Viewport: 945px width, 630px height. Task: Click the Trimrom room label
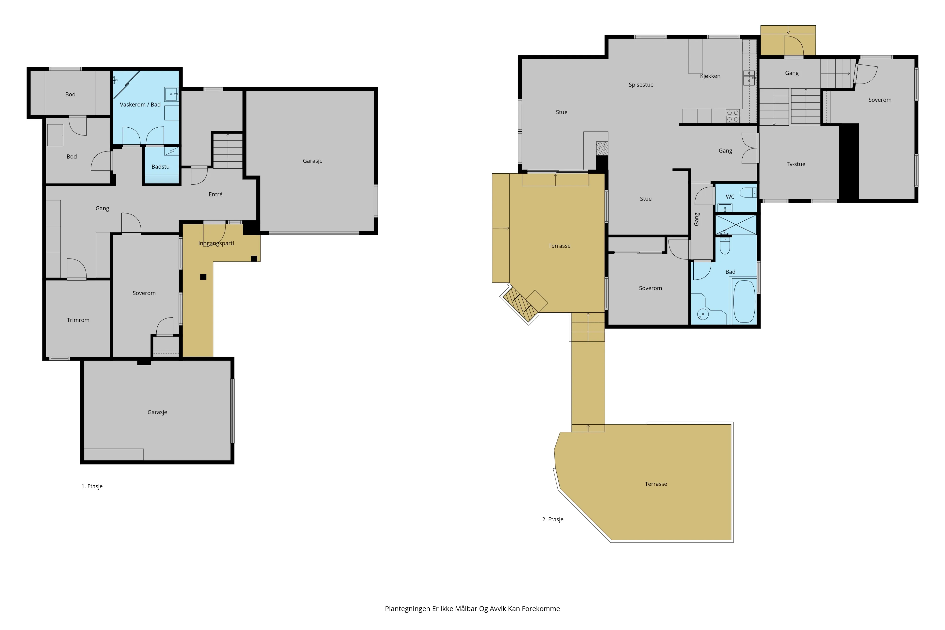(x=78, y=320)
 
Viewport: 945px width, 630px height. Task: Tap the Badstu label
(x=160, y=167)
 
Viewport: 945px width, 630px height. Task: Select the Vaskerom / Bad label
(x=140, y=105)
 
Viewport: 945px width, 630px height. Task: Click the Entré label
(x=215, y=194)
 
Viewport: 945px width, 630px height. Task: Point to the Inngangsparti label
(x=216, y=243)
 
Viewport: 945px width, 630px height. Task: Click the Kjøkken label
(x=710, y=76)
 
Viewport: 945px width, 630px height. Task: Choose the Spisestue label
(x=641, y=85)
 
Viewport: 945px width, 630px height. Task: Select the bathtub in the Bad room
(x=744, y=301)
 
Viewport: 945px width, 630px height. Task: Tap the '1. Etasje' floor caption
(x=92, y=486)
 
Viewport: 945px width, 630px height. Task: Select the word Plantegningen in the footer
(x=408, y=609)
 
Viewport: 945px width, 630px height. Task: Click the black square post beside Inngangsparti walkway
(x=203, y=277)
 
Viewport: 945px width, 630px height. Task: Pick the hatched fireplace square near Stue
(x=602, y=148)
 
